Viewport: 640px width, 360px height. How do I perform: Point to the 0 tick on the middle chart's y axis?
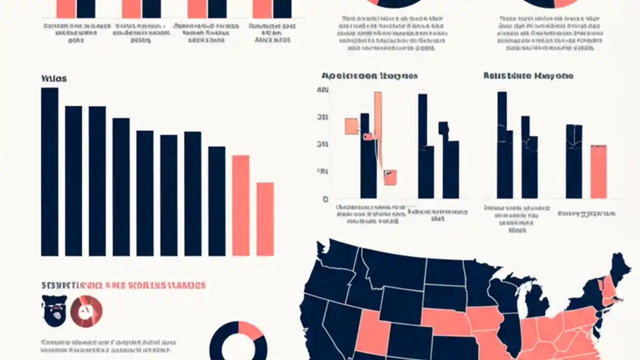pos(325,199)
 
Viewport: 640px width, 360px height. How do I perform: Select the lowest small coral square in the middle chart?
pos(390,177)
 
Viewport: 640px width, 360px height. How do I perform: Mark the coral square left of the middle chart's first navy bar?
pos(351,126)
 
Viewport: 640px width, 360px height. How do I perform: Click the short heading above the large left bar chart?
pos(53,79)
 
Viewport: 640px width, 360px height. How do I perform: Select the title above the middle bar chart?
pos(369,76)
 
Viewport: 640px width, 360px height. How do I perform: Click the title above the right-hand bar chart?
pos(528,76)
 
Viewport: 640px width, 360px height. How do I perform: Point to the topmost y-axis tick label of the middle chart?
pos(323,90)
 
